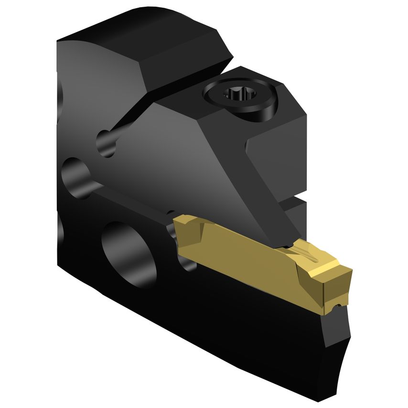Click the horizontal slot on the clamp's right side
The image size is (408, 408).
pos(294,201)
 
